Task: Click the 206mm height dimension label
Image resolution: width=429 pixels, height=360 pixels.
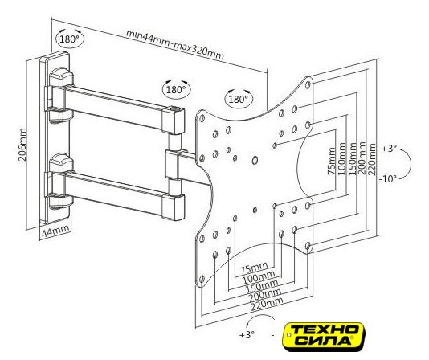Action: pos(22,145)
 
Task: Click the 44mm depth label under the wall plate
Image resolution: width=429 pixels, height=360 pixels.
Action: pos(55,232)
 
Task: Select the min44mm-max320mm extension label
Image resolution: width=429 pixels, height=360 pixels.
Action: pos(175,45)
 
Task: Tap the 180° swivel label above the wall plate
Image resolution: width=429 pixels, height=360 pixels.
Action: pos(70,39)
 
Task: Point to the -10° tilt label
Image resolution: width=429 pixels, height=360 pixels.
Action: pos(388,179)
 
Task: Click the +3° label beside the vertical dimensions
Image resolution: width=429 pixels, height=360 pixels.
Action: pos(390,149)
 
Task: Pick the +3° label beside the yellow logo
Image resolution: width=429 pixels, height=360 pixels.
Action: pos(247,335)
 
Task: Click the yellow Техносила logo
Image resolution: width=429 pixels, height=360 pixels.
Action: pos(325,337)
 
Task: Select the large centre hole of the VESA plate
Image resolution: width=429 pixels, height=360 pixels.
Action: pos(255,161)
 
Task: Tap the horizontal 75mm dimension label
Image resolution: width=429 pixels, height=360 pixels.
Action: pos(254,268)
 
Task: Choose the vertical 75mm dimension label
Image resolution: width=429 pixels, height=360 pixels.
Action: pos(332,161)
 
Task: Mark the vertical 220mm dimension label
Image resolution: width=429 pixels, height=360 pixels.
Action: pos(372,159)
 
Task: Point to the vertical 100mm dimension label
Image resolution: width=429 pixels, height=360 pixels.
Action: pos(342,159)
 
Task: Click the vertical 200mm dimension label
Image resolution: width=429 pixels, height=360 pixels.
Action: pos(362,159)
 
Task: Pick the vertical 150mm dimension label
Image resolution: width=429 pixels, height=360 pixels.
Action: pos(352,159)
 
